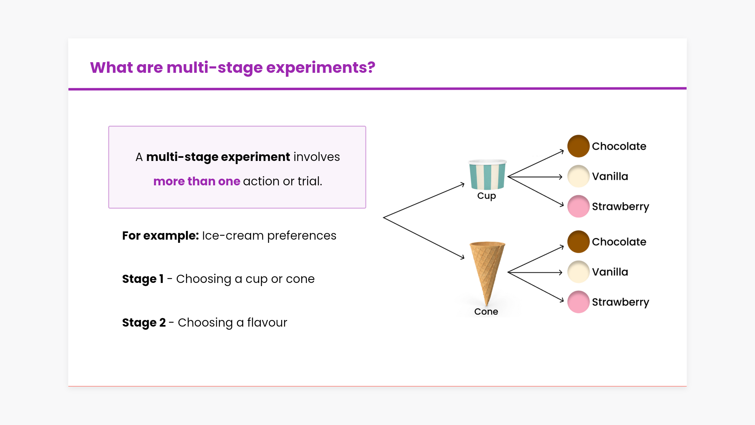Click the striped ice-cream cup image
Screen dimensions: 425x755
tap(487, 175)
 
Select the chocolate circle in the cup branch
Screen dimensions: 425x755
tap(578, 146)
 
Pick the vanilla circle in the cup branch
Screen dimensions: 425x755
tap(578, 176)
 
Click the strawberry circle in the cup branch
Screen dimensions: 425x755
tap(578, 206)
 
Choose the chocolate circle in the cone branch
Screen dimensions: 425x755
tap(578, 242)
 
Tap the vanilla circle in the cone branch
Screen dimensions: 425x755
tap(578, 272)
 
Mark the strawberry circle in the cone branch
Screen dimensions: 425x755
tap(578, 302)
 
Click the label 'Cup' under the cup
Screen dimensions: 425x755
tap(486, 196)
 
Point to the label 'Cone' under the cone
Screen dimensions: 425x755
tap(486, 312)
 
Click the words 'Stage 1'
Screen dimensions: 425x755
tap(143, 279)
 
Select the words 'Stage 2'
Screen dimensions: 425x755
tap(144, 323)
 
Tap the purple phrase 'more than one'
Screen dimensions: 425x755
tap(197, 181)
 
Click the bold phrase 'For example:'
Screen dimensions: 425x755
tap(160, 236)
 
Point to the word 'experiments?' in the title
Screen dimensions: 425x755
tap(320, 68)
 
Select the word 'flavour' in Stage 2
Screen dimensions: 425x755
tap(267, 323)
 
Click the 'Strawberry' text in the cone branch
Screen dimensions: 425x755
tap(620, 302)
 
